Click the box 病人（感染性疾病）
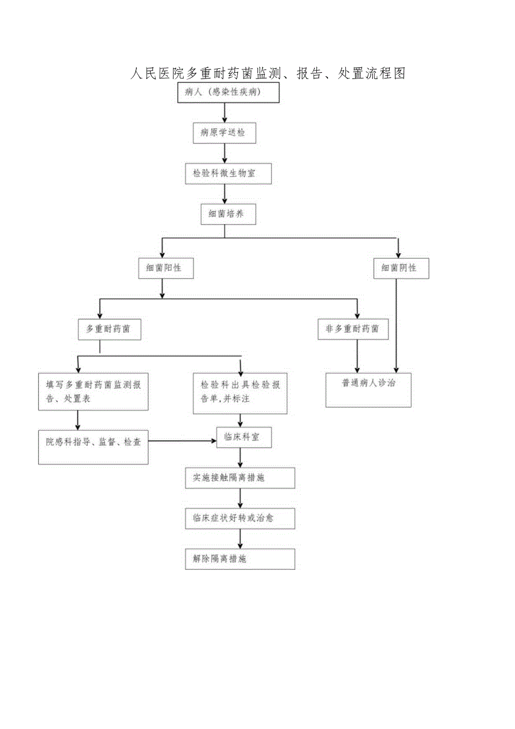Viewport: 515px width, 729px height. [x=228, y=93]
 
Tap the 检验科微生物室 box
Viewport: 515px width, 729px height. [x=228, y=174]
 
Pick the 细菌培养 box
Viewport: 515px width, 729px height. [x=228, y=214]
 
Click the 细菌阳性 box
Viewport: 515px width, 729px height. [x=166, y=268]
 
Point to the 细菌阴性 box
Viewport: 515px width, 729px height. [x=401, y=268]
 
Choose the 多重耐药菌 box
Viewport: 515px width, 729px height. [x=109, y=329]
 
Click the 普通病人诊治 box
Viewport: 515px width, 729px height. [x=368, y=389]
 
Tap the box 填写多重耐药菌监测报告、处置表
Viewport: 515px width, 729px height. [x=93, y=391]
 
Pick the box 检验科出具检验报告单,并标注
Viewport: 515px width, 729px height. [x=240, y=393]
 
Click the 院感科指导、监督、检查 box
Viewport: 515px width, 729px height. [x=93, y=447]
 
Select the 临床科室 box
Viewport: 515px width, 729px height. [x=244, y=437]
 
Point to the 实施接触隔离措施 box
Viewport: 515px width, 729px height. [x=240, y=478]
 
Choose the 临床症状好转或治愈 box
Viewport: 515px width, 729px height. [x=240, y=518]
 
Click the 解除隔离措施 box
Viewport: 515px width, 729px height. [x=240, y=559]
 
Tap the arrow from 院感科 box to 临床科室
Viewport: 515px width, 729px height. [x=182, y=441]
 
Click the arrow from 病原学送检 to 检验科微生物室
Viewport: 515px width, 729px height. [x=225, y=153]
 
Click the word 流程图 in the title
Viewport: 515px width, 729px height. [x=385, y=73]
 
